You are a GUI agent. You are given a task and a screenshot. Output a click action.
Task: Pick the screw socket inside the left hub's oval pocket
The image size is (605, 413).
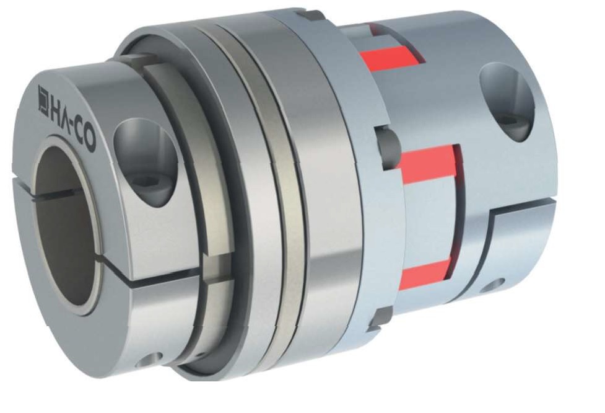(147, 181)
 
